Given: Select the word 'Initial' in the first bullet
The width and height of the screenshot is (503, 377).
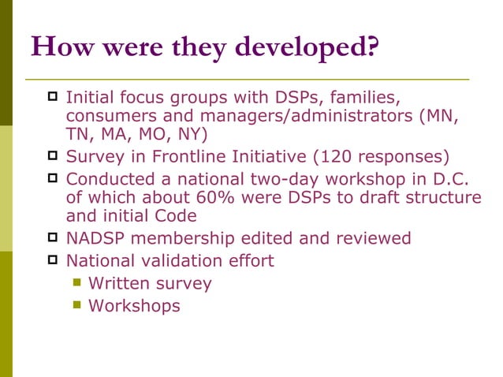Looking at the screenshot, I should pyautogui.click(x=90, y=99).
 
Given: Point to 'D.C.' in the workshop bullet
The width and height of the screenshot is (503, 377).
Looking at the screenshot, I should pyautogui.click(x=458, y=177).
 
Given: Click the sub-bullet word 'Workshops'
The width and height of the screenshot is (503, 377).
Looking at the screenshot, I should pyautogui.click(x=134, y=305).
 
